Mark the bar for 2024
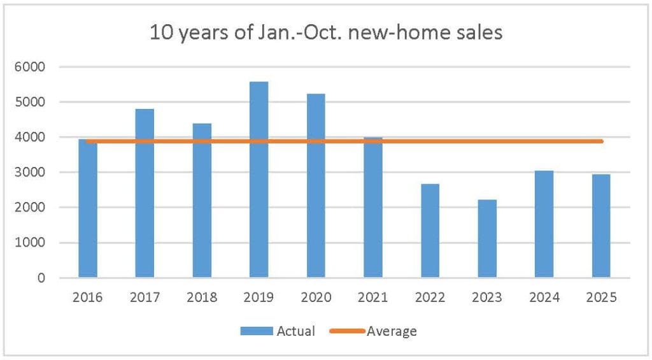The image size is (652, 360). pyautogui.click(x=544, y=224)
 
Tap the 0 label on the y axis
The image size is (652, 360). pyautogui.click(x=41, y=278)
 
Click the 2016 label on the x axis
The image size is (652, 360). pyautogui.click(x=88, y=298)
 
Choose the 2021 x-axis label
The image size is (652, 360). pyautogui.click(x=373, y=298)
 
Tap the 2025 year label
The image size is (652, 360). pyautogui.click(x=601, y=298)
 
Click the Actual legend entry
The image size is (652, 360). pyautogui.click(x=295, y=331)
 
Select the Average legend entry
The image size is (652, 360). pyautogui.click(x=392, y=331)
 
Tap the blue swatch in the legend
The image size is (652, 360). pyautogui.click(x=257, y=331)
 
